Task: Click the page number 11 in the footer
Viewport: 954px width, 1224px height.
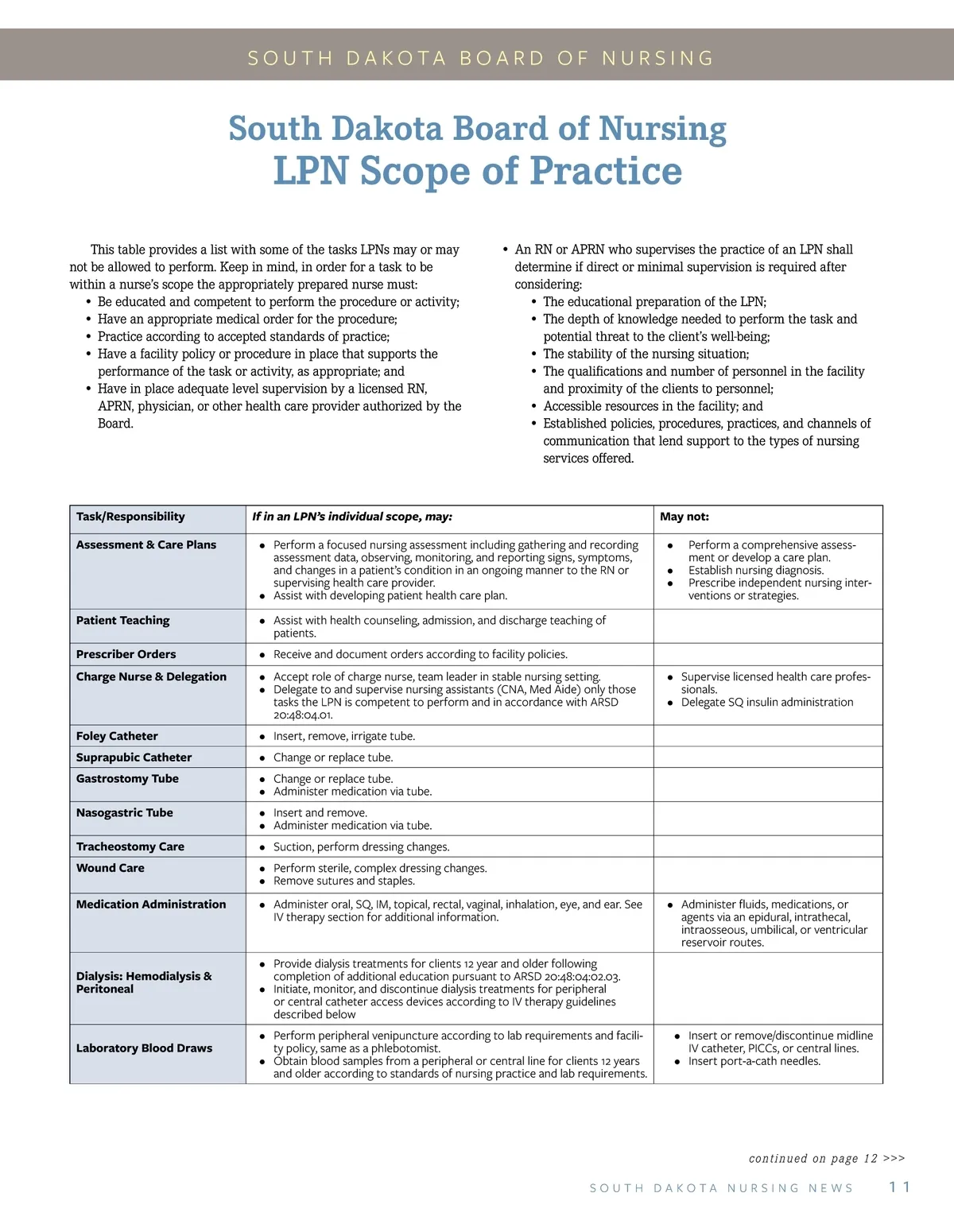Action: coord(899,1187)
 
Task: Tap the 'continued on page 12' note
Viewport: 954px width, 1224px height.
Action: coord(827,1159)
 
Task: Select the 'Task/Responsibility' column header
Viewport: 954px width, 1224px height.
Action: coord(130,517)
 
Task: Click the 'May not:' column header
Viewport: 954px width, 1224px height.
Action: coord(684,517)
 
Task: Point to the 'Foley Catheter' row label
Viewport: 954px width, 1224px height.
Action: coord(117,736)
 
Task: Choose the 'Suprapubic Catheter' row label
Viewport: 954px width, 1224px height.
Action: coord(134,757)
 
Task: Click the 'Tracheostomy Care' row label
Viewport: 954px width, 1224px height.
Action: coord(130,846)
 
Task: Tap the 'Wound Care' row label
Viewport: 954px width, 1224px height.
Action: coord(111,868)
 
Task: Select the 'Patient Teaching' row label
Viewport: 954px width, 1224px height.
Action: coord(122,620)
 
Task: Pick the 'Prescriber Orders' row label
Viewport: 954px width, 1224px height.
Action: coord(126,654)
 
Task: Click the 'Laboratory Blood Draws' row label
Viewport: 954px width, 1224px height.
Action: coord(144,1048)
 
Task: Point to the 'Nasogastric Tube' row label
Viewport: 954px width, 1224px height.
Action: coord(124,812)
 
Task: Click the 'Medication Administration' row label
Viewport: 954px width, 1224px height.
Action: coord(151,904)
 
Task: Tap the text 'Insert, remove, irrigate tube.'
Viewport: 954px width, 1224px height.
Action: coord(344,736)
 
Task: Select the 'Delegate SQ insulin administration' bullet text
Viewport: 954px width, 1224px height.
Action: coord(767,703)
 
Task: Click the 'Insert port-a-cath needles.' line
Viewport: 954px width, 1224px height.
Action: coord(754,1061)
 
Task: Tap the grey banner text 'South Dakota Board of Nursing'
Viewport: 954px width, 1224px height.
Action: coord(481,58)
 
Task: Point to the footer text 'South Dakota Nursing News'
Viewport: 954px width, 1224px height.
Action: coord(721,1188)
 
